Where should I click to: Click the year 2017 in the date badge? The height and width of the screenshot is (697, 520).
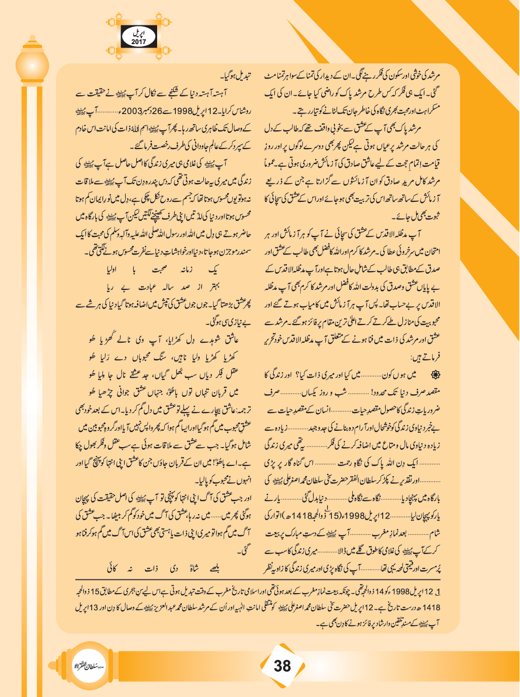pyautogui.click(x=138, y=42)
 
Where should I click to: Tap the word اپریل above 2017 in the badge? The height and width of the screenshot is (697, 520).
pyautogui.click(x=138, y=32)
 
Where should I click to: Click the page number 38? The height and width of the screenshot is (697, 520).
pyautogui.click(x=282, y=666)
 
